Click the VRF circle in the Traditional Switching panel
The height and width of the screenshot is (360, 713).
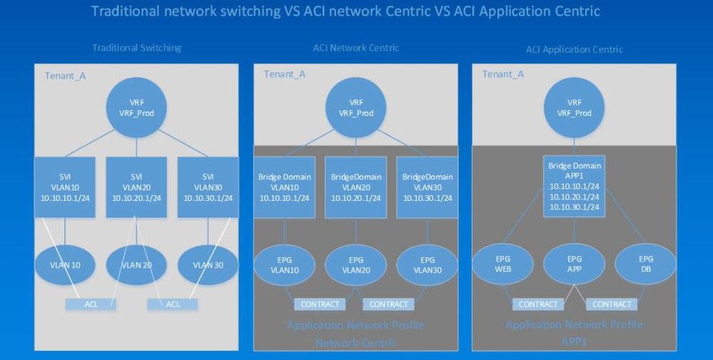(137, 108)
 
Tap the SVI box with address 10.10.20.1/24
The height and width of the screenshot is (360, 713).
(137, 187)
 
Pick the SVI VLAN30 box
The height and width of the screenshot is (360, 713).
(207, 187)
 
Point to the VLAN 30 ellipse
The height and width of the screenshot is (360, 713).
(207, 265)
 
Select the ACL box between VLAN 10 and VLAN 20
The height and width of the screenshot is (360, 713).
(91, 304)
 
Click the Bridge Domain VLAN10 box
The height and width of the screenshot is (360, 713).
(285, 187)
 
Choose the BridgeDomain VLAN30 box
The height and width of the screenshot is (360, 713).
(427, 187)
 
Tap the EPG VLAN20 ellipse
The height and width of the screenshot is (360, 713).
(356, 265)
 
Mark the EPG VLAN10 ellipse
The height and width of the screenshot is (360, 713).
(285, 265)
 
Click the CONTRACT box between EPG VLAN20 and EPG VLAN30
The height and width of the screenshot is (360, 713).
(389, 304)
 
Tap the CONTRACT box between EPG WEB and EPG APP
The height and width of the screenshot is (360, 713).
(538, 304)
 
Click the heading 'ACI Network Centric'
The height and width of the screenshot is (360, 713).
(356, 48)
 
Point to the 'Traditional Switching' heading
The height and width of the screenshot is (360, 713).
(137, 48)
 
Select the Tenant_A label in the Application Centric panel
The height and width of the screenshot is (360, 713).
(504, 74)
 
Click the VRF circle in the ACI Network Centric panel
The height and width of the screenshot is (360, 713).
(356, 108)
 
